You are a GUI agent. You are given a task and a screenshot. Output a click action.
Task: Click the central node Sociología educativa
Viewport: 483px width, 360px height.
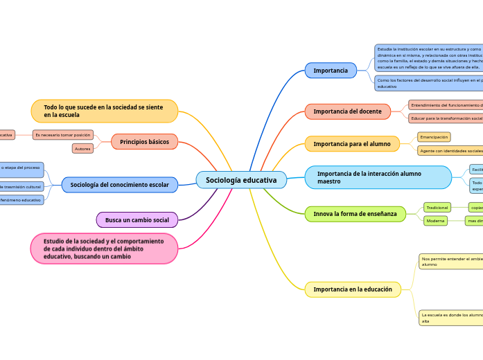pos(241,180)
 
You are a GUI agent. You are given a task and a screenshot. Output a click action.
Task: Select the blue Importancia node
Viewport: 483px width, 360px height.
pos(331,71)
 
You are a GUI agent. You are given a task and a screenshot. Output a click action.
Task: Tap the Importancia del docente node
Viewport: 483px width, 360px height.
pos(348,111)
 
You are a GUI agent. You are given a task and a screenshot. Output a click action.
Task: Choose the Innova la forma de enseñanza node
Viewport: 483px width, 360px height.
pos(355,214)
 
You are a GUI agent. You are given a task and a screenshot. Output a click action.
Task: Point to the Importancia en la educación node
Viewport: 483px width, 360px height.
pos(353,289)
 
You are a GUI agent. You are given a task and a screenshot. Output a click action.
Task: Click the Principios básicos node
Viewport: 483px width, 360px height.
pos(144,142)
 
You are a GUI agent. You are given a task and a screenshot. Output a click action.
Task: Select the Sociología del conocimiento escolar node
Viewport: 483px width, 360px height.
pos(119,185)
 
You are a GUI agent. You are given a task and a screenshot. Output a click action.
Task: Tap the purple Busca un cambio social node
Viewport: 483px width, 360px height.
pos(137,220)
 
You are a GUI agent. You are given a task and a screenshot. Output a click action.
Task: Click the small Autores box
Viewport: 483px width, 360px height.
pos(82,148)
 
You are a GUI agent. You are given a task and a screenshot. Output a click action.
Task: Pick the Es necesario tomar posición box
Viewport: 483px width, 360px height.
pos(62,134)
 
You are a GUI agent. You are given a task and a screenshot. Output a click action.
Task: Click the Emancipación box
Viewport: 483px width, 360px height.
pos(434,137)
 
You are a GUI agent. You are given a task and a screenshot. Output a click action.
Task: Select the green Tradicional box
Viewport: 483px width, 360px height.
pos(437,207)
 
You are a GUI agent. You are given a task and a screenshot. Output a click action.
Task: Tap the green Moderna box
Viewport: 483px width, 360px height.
pos(436,221)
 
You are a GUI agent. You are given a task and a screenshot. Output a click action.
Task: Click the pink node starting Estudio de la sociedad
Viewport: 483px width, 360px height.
pos(104,249)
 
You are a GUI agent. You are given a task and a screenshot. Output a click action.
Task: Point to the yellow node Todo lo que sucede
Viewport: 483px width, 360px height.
pos(104,111)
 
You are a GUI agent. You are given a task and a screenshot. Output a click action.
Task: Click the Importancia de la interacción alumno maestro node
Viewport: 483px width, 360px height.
pos(378,177)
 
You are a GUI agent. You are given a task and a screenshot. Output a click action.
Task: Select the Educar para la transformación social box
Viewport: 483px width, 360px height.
pos(446,118)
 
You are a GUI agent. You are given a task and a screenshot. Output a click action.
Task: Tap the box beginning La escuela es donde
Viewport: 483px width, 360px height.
pos(451,318)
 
